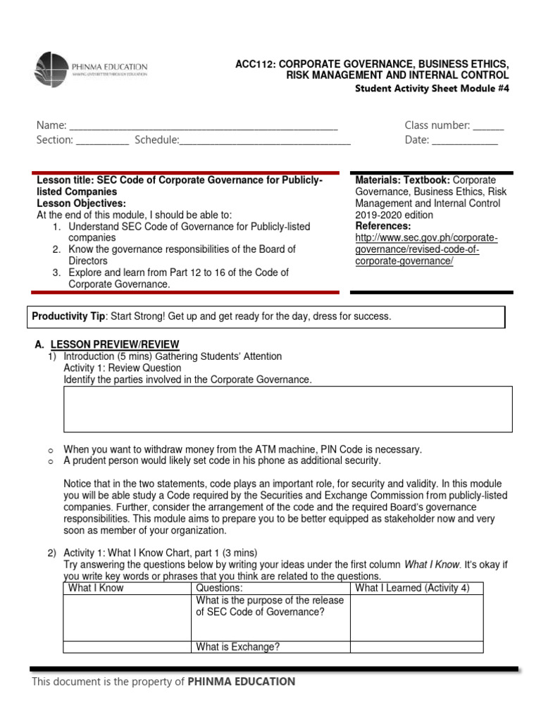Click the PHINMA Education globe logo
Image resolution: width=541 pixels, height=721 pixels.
coord(52,70)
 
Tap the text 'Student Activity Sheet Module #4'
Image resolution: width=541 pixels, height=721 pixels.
coord(431,88)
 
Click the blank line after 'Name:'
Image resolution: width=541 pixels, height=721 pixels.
coord(204,127)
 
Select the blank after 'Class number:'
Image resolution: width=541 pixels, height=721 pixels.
coord(488,127)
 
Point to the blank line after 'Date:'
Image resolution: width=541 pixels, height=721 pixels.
coord(464,141)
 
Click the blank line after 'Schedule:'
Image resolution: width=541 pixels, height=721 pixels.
coord(265,141)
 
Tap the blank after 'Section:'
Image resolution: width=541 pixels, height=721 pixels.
coord(102,141)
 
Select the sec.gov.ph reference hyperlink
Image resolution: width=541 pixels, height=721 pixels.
coord(425,249)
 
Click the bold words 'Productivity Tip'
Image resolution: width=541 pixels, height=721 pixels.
coord(68,317)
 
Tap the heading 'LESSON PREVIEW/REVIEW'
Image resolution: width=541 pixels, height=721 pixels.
coord(115,344)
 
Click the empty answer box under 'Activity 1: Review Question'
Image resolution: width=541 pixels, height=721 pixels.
coord(287,409)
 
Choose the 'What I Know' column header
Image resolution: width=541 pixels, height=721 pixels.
coord(96,588)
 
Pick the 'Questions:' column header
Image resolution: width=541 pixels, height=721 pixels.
coord(220,588)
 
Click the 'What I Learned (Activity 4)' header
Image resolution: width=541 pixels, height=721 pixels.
coord(413,588)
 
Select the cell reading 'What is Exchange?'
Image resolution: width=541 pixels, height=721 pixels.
coord(238,647)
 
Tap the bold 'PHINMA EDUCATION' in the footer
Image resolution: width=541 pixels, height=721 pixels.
coord(242,682)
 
